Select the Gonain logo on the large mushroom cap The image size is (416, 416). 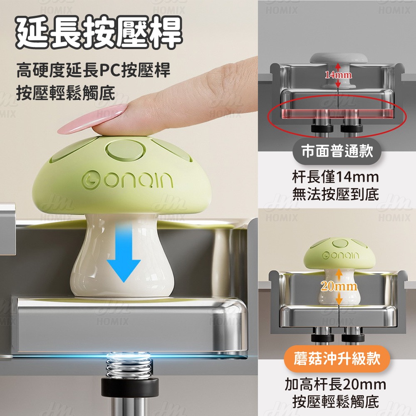point(127,179)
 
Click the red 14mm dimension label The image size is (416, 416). point(339,75)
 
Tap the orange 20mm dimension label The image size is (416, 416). point(339,286)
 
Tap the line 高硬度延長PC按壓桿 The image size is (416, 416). point(93,71)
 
